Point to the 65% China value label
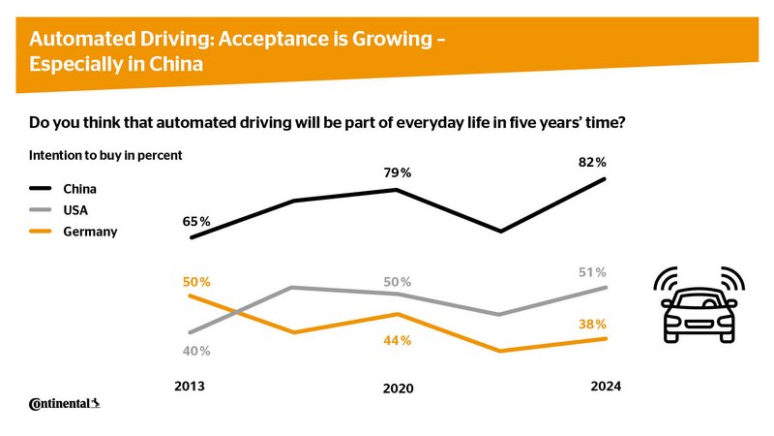tap(197, 222)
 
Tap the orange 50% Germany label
tap(197, 282)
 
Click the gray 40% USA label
tap(197, 351)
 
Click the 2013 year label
tap(190, 386)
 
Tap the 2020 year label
tap(398, 389)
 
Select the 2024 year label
tap(606, 386)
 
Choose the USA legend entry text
tap(77, 209)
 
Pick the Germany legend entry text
tap(91, 232)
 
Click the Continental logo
tap(65, 403)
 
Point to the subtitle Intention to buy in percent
tap(105, 155)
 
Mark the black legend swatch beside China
tap(43, 188)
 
